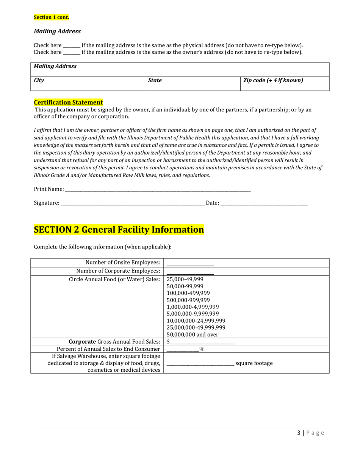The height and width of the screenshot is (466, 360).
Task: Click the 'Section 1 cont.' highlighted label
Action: pos(52,17)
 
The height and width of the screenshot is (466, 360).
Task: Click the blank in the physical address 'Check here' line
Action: pos(71,45)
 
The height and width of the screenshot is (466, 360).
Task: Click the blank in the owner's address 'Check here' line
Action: pos(71,52)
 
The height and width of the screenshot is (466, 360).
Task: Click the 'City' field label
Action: pos(39,80)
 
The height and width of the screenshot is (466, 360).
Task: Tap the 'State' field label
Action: pos(155,80)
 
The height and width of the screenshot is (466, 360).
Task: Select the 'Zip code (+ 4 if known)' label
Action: pos(273,80)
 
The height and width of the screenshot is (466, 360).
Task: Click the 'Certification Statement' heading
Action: pos(68,102)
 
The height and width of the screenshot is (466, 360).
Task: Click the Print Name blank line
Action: pos(158,189)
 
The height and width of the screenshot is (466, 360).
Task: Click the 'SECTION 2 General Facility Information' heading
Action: pos(119,230)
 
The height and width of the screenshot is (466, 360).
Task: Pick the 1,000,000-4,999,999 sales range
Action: pos(193,307)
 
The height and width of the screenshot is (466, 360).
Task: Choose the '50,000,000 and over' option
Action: pos(193,335)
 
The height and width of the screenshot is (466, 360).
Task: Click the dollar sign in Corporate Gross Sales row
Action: pos(168,342)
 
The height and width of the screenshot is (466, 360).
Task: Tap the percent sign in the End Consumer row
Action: pos(202,349)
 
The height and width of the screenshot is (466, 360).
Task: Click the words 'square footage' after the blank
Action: pos(254,363)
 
